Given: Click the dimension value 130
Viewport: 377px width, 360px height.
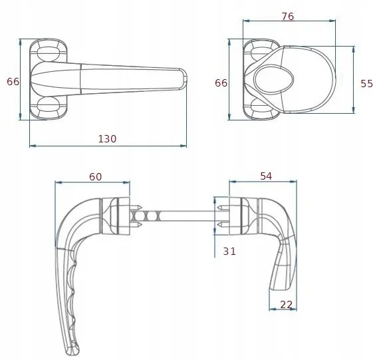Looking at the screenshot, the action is [107, 139].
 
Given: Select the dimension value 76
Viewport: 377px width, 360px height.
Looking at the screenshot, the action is [288, 17].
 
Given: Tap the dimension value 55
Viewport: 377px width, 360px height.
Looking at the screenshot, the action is [366, 84].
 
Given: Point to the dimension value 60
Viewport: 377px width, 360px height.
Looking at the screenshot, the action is [96, 176].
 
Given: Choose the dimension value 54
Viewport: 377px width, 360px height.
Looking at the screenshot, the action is [266, 176].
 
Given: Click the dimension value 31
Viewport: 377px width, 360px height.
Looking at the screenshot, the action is [229, 252].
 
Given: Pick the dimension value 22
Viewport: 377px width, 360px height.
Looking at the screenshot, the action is [286, 305].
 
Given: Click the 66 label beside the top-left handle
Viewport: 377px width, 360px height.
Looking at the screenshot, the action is [13, 82].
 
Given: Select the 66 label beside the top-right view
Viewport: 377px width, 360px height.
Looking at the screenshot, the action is [221, 83].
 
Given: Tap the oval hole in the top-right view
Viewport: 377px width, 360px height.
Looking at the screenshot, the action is [274, 79].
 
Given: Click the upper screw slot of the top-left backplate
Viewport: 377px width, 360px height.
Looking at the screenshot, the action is [49, 53].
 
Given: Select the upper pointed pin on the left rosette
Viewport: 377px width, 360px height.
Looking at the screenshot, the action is [136, 207].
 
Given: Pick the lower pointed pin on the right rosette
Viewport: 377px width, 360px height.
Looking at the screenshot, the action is [223, 225].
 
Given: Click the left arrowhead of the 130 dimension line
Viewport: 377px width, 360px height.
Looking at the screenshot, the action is [33, 146].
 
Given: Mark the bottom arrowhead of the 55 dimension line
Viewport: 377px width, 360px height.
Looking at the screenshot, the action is [353, 110].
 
